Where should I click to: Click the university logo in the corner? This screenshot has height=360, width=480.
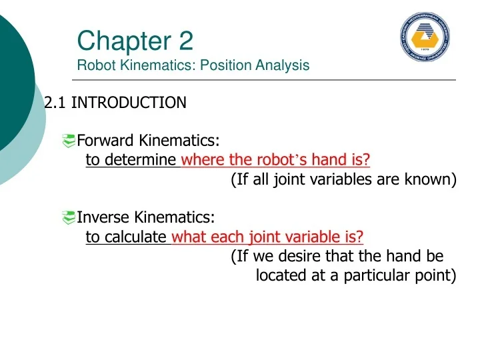pos(424,37)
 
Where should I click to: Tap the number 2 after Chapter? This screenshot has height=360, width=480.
pos(186,42)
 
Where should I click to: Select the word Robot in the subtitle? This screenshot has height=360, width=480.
pos(93,65)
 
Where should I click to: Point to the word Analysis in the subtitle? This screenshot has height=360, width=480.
pos(284,65)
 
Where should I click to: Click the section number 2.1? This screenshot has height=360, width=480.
pos(55,103)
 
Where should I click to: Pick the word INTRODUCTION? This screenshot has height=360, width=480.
pos(129,103)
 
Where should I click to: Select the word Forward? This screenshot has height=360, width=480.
pos(106,141)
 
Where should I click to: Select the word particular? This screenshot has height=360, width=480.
pos(375,275)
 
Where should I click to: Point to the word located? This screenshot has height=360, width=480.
pos(281,275)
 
